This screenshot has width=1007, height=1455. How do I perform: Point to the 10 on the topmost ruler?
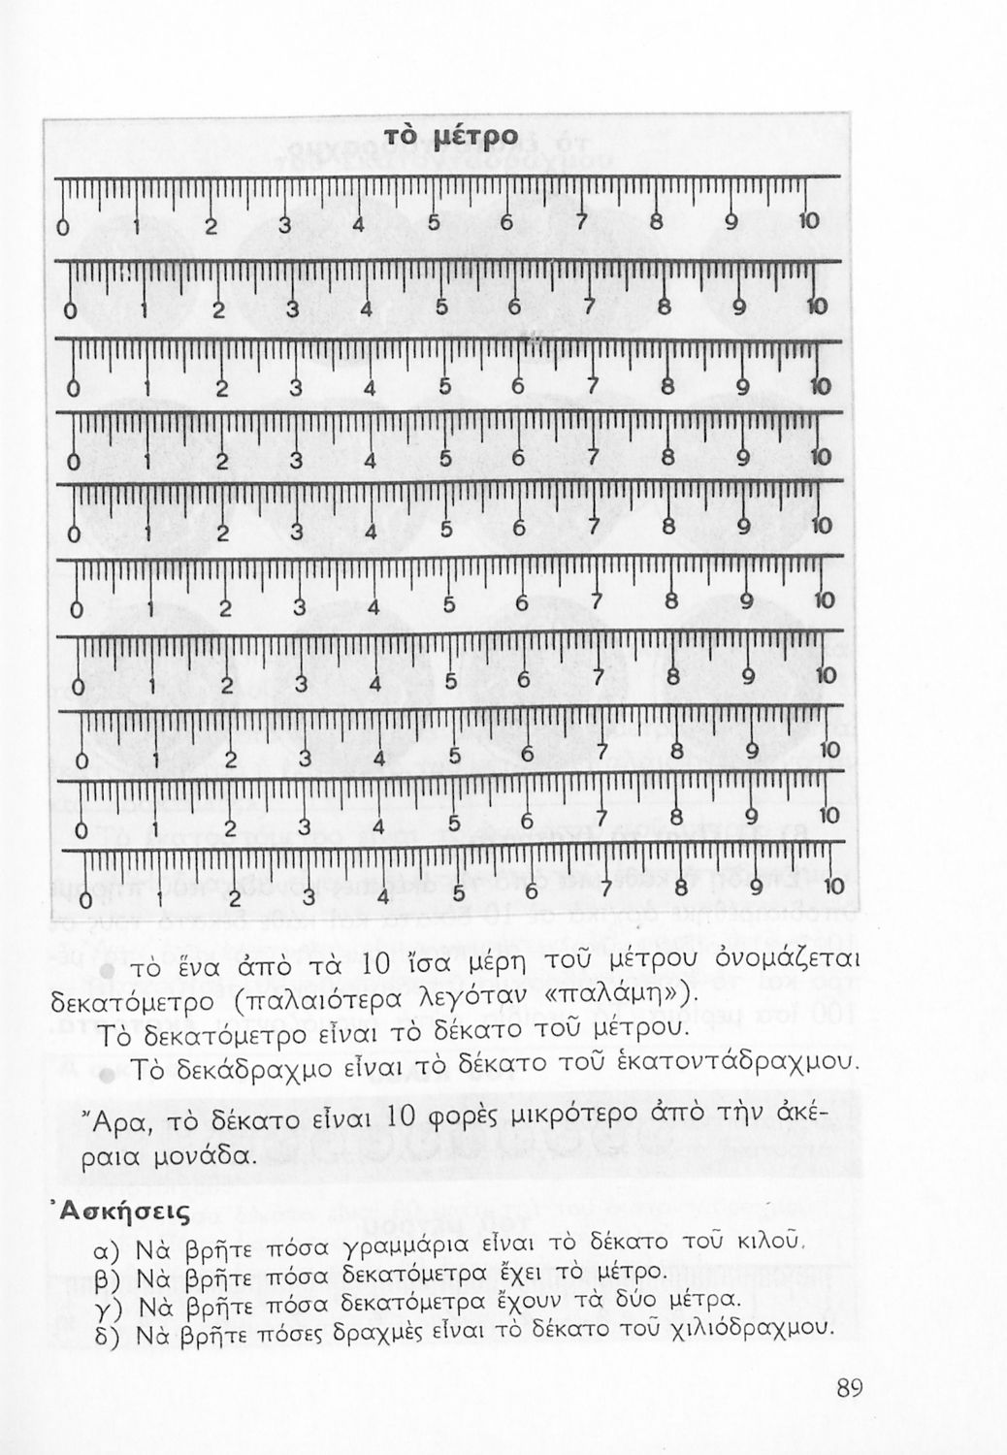pos(808,221)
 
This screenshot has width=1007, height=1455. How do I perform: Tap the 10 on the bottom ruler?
pos(834,887)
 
